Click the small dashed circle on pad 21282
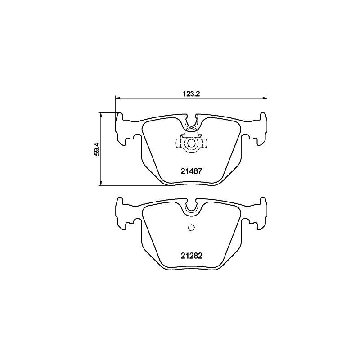[191, 227]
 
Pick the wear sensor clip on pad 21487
[191, 142]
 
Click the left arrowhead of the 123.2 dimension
[118, 97]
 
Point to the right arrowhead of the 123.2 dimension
[265, 97]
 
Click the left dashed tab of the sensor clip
[178, 144]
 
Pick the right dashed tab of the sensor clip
[204, 144]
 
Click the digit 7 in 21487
[199, 171]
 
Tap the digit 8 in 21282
[195, 256]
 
